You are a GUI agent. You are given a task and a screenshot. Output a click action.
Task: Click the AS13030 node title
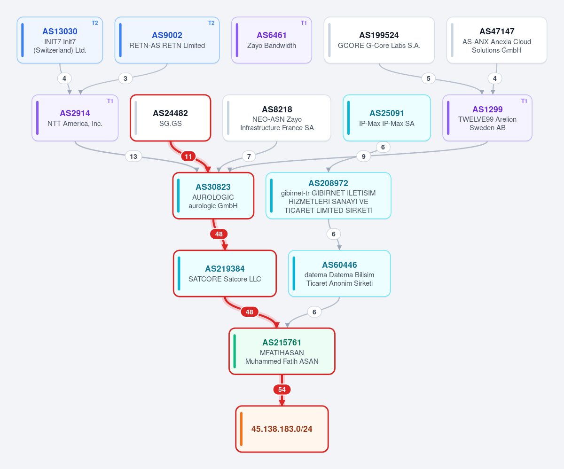point(60,31)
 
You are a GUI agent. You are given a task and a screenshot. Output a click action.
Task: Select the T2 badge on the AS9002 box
point(211,23)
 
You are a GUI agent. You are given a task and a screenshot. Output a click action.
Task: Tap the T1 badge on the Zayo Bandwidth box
point(304,23)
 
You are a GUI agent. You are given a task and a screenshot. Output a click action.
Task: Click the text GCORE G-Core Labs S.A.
point(379,46)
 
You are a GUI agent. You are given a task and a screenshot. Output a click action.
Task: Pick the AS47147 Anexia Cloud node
point(496,40)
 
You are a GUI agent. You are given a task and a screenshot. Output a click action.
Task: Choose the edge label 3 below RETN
point(125,78)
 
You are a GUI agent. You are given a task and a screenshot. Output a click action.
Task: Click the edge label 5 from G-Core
point(428,78)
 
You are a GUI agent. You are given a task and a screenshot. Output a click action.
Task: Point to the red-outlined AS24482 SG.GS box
point(171,118)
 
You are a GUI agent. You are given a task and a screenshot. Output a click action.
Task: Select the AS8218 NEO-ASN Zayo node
point(277,118)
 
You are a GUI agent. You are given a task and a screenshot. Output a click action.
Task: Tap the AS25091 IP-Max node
point(386,118)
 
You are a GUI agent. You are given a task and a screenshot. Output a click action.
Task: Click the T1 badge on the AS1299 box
point(524,101)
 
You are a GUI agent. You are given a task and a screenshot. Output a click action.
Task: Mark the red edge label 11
point(188,156)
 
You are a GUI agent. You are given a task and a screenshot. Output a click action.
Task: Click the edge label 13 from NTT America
point(133,156)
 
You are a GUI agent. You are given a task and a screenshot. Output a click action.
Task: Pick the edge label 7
point(249,156)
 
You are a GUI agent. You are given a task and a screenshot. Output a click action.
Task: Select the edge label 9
point(364,156)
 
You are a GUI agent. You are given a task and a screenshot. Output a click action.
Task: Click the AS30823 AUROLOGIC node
point(213,195)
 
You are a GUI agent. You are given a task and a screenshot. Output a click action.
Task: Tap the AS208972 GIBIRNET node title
point(328,183)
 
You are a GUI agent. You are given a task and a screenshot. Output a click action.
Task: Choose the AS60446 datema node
point(339,274)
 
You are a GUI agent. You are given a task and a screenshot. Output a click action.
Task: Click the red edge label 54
point(282,390)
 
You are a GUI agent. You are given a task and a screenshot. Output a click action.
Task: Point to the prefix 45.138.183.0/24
point(282,429)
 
